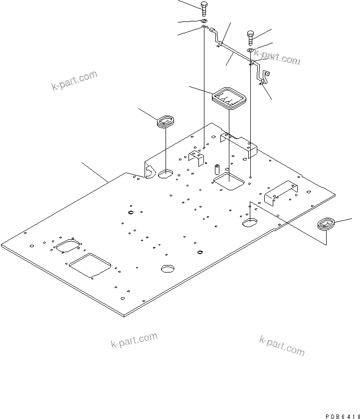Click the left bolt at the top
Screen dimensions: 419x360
(x=203, y=8)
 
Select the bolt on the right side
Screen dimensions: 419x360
(x=251, y=36)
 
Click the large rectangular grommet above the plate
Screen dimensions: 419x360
(x=229, y=96)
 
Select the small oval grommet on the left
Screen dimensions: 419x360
(x=165, y=121)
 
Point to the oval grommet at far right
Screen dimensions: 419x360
(x=327, y=223)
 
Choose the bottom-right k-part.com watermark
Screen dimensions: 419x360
(x=282, y=345)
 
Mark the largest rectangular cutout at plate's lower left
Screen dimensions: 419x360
(x=91, y=264)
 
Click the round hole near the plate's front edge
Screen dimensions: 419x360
(x=169, y=269)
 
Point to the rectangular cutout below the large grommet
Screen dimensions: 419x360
(x=229, y=182)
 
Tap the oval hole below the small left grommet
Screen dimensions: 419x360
(x=166, y=174)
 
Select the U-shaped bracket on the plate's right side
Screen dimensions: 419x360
(x=281, y=192)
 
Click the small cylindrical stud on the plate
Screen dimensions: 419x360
(x=217, y=168)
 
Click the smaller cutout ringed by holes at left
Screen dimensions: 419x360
(x=68, y=247)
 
